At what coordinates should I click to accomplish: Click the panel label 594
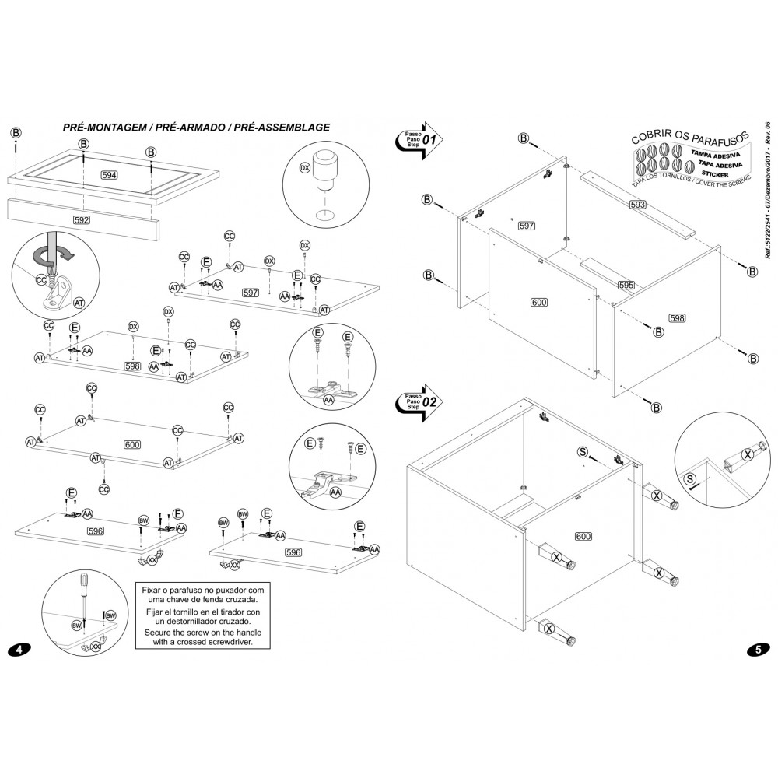pyautogui.click(x=110, y=176)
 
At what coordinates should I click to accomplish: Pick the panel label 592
pyautogui.click(x=82, y=220)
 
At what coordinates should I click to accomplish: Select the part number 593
pyautogui.click(x=638, y=205)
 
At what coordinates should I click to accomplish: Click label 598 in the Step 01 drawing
pyautogui.click(x=677, y=317)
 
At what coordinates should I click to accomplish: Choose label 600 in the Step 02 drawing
pyautogui.click(x=583, y=536)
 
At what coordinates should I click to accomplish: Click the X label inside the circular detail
pyautogui.click(x=748, y=454)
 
